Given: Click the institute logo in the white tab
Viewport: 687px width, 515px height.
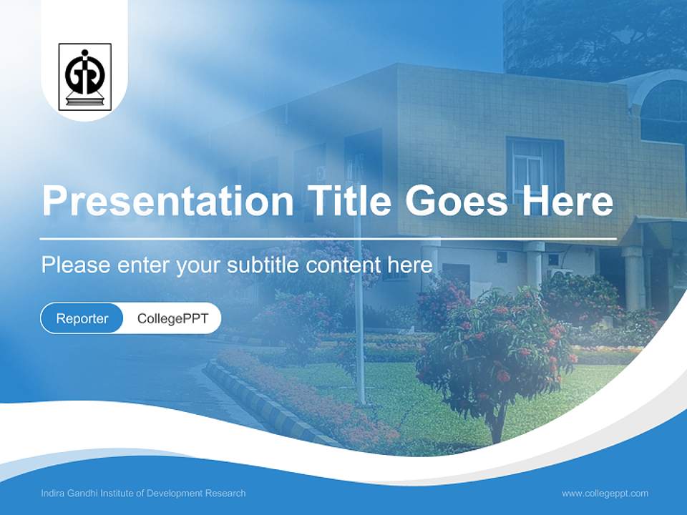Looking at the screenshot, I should [84, 77].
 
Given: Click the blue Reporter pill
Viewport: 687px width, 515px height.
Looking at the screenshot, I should [82, 318].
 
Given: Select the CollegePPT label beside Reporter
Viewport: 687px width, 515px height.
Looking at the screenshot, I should [172, 318].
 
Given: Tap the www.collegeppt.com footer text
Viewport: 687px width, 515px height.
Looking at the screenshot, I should [605, 493].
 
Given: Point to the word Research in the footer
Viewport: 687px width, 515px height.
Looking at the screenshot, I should [225, 493].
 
